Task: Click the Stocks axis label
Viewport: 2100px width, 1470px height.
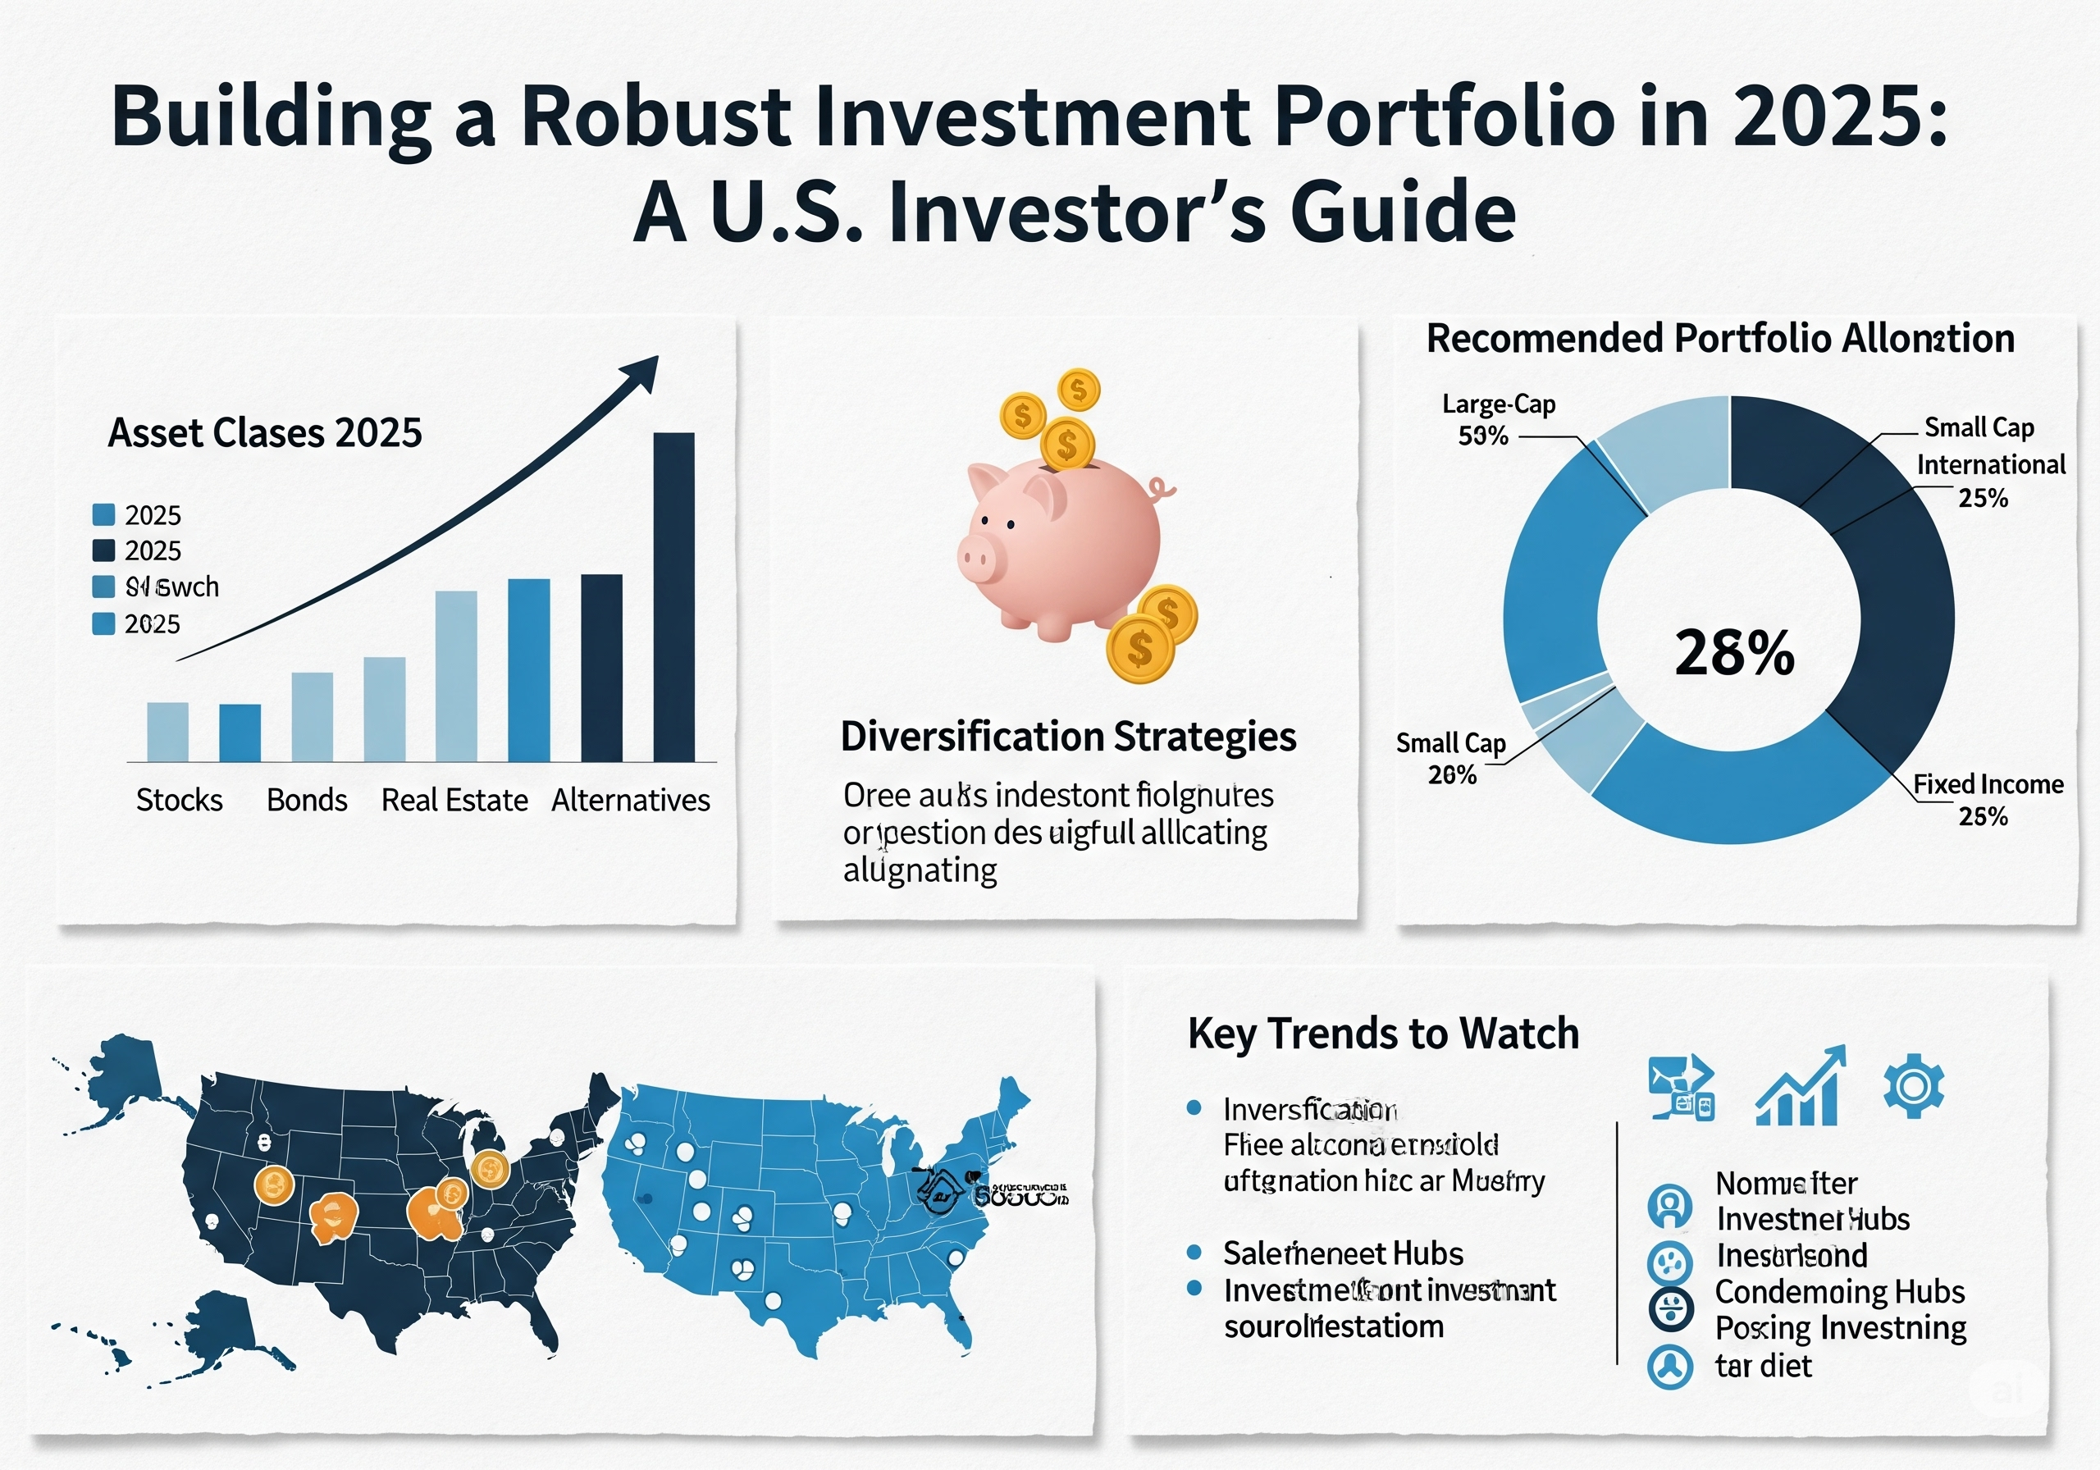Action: point(180,801)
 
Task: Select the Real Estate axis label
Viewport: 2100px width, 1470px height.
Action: point(454,801)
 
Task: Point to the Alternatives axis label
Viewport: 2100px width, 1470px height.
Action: point(630,801)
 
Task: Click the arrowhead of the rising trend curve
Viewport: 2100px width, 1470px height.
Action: point(643,370)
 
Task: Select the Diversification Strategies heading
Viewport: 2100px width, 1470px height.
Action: point(1067,737)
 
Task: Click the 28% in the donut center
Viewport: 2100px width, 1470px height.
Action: point(1734,653)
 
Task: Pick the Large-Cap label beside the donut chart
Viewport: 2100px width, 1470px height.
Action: point(1498,404)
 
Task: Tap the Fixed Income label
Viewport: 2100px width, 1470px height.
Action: point(1988,785)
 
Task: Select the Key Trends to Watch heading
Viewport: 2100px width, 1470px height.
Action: point(1383,1034)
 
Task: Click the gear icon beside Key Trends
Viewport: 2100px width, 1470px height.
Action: point(1914,1086)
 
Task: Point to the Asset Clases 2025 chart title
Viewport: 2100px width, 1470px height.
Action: point(265,432)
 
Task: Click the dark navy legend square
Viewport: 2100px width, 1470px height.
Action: point(104,550)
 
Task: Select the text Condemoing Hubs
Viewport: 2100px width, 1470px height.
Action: point(1839,1292)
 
